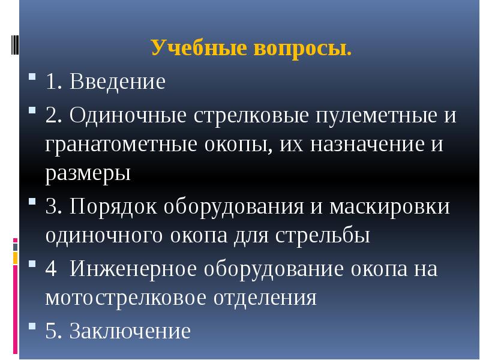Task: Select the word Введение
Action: click(x=117, y=82)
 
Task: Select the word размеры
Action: click(x=88, y=175)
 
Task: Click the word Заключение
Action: click(x=130, y=331)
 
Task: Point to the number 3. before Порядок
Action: click(x=52, y=206)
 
